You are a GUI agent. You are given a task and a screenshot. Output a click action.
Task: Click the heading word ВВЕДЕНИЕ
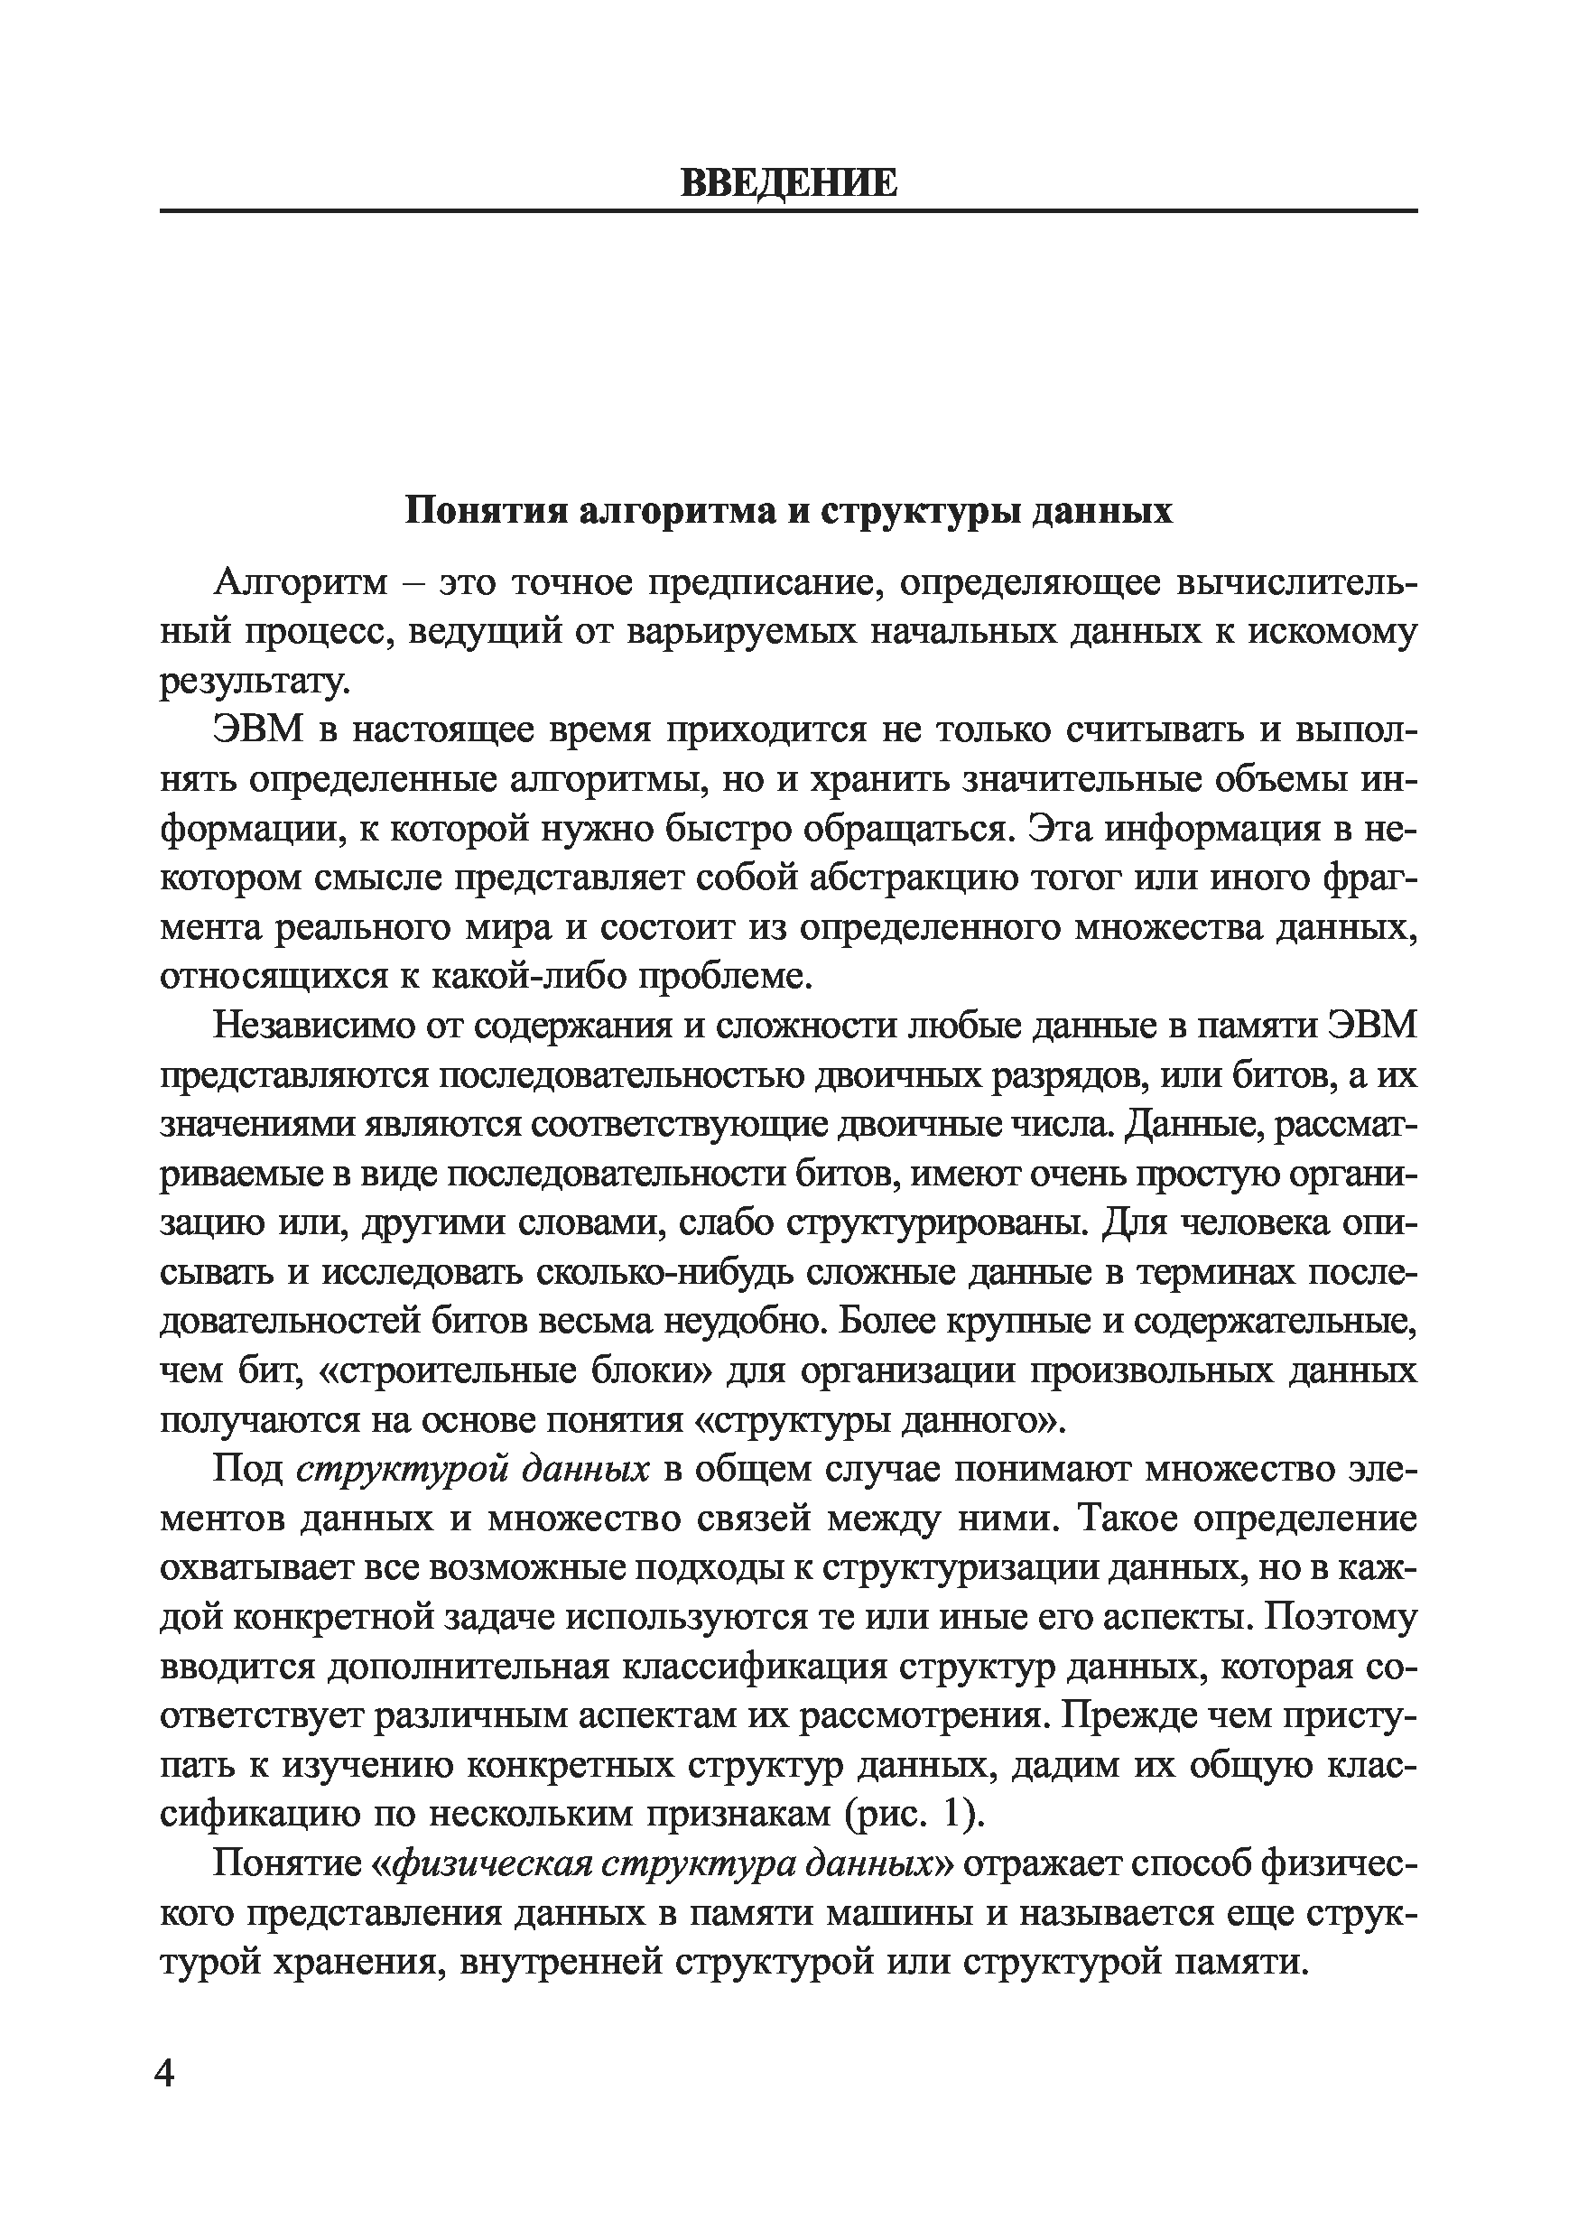coord(788,182)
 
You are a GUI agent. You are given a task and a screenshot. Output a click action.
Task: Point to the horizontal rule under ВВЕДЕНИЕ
coord(788,210)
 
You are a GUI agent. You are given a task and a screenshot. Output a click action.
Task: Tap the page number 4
coord(165,2100)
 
